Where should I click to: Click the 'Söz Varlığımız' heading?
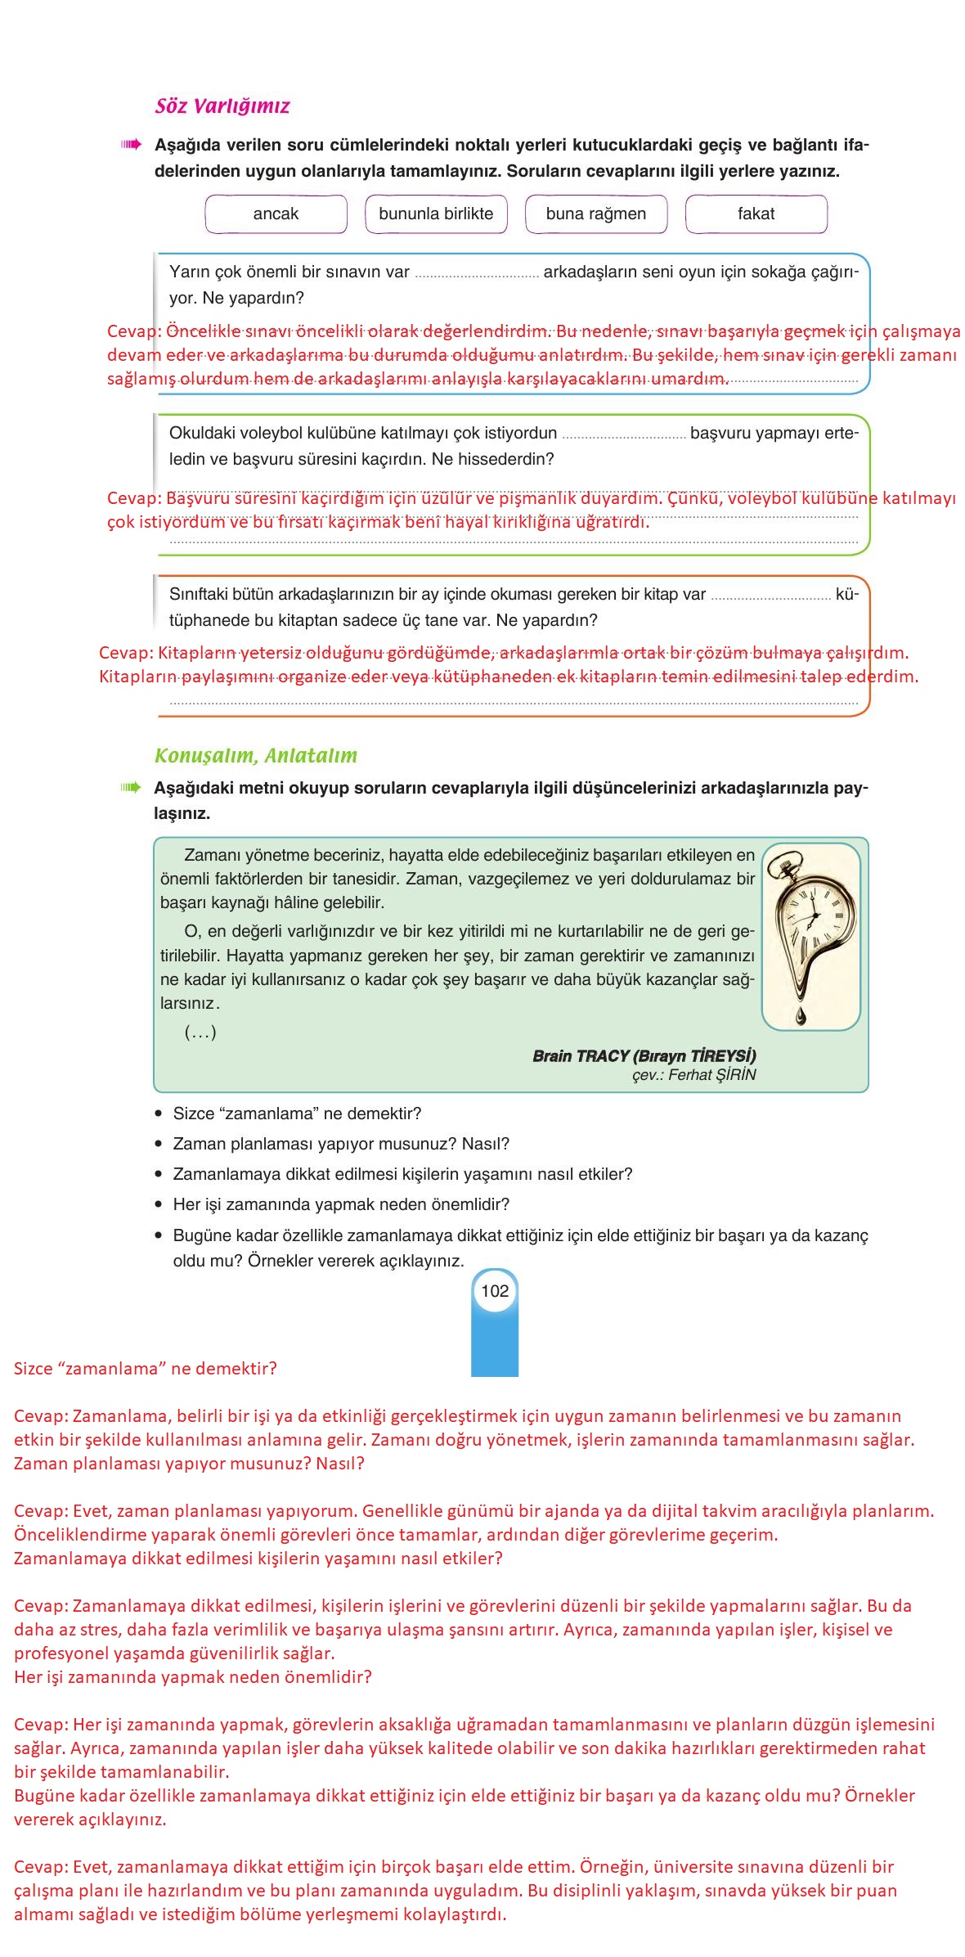[x=222, y=106]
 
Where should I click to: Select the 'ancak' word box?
[x=276, y=214]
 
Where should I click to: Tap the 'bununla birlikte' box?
[x=436, y=214]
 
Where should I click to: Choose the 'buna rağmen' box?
[x=595, y=214]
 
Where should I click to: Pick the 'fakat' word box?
[x=756, y=214]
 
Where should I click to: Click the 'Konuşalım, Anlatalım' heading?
[x=256, y=756]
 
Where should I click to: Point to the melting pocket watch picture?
[x=810, y=925]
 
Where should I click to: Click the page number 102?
[x=495, y=1291]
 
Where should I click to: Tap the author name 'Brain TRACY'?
[x=581, y=1056]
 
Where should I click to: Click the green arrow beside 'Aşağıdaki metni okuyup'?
[x=131, y=788]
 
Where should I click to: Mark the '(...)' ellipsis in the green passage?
[x=200, y=1032]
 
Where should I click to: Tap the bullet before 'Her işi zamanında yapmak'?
[x=159, y=1205]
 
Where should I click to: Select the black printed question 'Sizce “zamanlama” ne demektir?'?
[x=297, y=1114]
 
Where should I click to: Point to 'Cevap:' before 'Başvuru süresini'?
[x=134, y=499]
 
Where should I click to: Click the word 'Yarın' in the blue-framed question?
[x=189, y=272]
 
